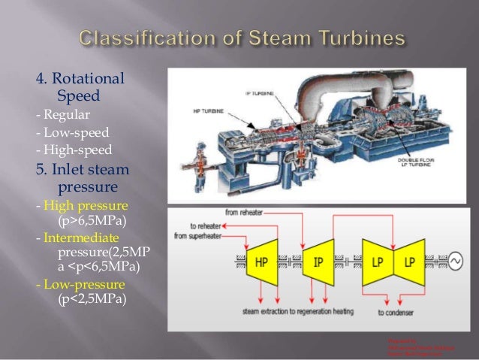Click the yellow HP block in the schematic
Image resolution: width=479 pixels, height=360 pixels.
pyautogui.click(x=261, y=262)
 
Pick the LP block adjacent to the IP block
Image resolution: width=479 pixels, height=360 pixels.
pyautogui.click(x=378, y=262)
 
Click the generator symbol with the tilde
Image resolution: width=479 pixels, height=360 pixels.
pyautogui.click(x=455, y=262)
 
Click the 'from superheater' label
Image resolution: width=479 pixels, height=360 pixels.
pyautogui.click(x=199, y=236)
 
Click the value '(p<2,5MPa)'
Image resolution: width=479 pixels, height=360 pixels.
pyautogui.click(x=91, y=299)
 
